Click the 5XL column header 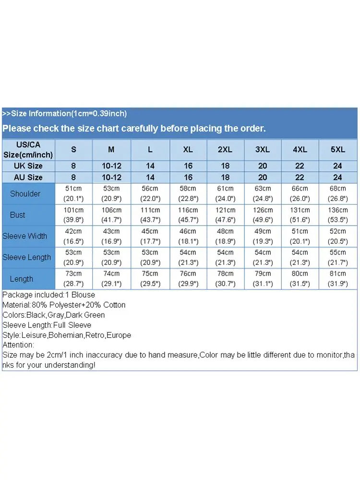(338, 150)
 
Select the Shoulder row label (25, 194)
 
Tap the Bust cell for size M (111, 215)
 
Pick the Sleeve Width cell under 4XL (300, 236)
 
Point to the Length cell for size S (73, 279)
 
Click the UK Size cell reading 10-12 (111, 166)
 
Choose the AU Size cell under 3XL (263, 178)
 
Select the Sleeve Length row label (27, 257)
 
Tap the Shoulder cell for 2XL (225, 194)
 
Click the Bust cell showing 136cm (338, 215)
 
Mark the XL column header (188, 150)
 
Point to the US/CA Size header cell (28, 150)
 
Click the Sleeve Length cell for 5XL (338, 257)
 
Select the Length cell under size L (150, 279)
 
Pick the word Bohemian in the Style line (66, 335)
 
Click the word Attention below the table (18, 345)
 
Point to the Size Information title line (64, 114)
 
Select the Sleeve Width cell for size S (73, 236)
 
